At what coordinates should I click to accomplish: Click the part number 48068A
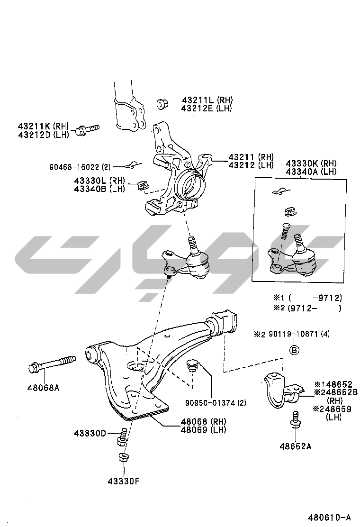43,387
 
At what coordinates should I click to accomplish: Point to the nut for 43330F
121,458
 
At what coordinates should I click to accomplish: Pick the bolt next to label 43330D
122,436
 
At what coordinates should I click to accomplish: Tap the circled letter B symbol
294,350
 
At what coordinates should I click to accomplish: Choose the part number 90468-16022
74,167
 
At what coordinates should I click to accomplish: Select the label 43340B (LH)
99,189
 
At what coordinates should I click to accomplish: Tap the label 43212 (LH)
251,165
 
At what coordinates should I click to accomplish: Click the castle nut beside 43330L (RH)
143,185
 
